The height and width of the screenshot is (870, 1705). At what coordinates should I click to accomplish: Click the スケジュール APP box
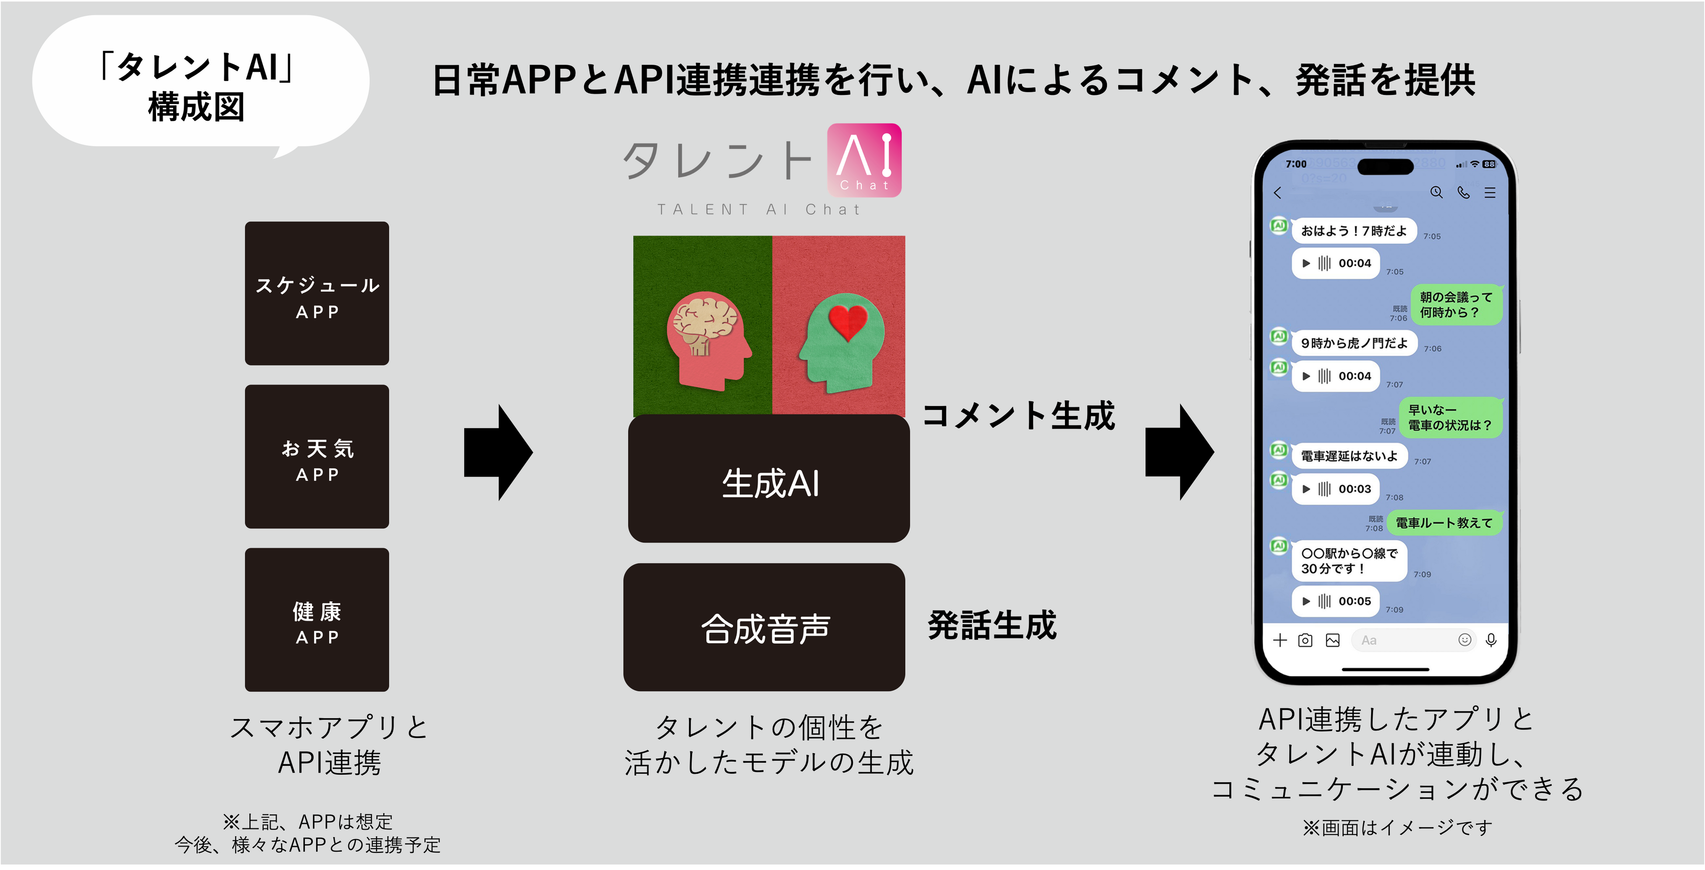pos(317,293)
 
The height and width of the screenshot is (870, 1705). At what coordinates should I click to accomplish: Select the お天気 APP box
pos(317,456)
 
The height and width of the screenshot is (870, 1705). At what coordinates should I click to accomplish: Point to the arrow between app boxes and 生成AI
pos(498,453)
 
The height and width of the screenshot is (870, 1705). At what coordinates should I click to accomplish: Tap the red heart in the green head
pos(847,321)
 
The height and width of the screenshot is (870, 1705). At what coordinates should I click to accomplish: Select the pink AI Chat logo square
pos(864,160)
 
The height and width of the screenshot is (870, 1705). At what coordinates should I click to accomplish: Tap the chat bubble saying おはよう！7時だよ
pos(1353,231)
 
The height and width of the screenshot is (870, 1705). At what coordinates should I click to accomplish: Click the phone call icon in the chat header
pos(1463,192)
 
